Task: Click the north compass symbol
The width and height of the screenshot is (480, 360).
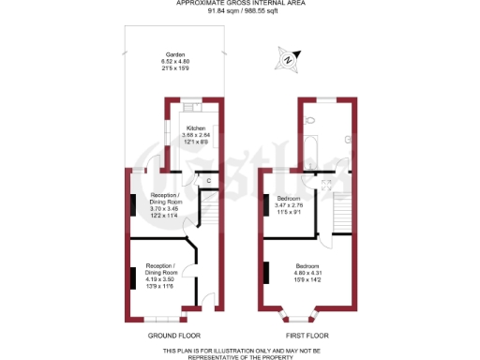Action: (286, 62)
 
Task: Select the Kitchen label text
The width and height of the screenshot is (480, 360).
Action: (196, 127)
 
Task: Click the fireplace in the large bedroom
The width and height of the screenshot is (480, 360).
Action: (266, 273)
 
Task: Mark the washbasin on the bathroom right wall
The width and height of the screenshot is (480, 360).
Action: (348, 139)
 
